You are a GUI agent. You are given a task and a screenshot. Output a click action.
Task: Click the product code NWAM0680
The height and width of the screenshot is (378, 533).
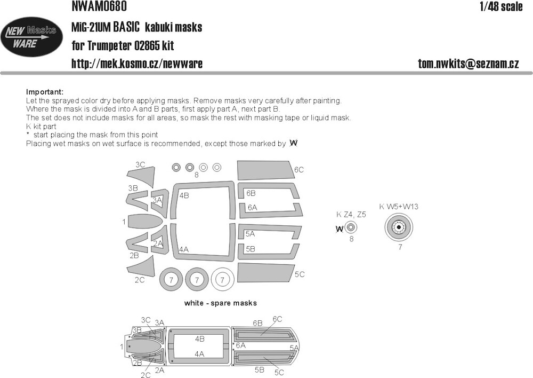pyautogui.click(x=99, y=6)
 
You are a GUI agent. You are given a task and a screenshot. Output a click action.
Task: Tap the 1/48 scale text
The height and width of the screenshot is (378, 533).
pyautogui.click(x=501, y=7)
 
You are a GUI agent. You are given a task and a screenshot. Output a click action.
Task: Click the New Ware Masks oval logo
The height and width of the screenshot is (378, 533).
pyautogui.click(x=32, y=37)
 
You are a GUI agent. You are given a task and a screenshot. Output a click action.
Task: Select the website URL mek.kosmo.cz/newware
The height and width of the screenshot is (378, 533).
pyautogui.click(x=136, y=64)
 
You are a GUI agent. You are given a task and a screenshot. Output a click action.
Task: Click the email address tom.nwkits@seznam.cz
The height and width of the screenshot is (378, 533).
pyautogui.click(x=469, y=64)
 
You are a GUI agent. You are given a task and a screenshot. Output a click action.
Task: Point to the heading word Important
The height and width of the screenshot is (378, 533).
pyautogui.click(x=45, y=92)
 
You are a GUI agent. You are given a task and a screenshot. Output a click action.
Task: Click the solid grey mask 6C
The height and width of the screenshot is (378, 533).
pyautogui.click(x=265, y=170)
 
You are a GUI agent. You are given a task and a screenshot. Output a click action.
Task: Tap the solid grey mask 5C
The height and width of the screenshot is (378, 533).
pyautogui.click(x=265, y=272)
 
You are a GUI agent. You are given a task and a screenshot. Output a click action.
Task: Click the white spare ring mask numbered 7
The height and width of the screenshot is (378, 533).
pyautogui.click(x=222, y=280)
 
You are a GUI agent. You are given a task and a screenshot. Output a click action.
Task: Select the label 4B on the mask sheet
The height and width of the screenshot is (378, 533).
pyautogui.click(x=184, y=195)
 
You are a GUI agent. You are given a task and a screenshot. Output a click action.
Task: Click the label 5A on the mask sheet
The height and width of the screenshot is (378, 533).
pyautogui.click(x=250, y=234)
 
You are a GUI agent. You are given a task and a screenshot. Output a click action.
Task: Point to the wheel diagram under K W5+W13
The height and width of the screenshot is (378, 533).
pyautogui.click(x=399, y=227)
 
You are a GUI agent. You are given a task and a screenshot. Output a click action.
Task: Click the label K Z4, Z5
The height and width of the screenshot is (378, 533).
pyautogui.click(x=351, y=215)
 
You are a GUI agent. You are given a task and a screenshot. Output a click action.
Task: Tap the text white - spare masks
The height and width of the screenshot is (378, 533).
pyautogui.click(x=220, y=303)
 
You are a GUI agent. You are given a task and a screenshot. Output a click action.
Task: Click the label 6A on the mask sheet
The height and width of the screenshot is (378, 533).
pyautogui.click(x=252, y=207)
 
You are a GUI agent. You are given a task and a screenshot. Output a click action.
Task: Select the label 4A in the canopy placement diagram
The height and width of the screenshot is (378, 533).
pyautogui.click(x=199, y=354)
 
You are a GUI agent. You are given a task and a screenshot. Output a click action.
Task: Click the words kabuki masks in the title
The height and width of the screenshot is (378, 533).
pyautogui.click(x=174, y=27)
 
